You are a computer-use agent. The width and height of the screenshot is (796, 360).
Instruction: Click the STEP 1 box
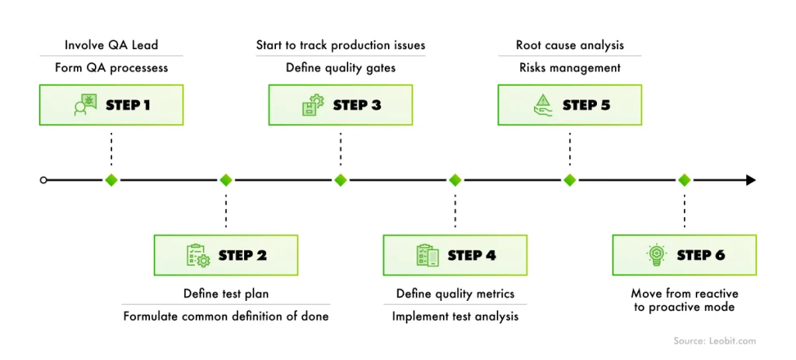click(111, 105)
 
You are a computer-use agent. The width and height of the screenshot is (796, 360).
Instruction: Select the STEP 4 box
click(455, 255)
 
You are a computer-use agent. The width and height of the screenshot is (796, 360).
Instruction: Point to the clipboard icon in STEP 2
click(197, 255)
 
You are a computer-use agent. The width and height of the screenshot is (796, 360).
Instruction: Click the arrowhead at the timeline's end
click(750, 180)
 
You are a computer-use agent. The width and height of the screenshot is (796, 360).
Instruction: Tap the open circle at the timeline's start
click(44, 180)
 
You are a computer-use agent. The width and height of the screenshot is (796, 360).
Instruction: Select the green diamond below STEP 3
click(340, 180)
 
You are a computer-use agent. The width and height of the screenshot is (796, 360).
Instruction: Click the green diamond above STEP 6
click(684, 180)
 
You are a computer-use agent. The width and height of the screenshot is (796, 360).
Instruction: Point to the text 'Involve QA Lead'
click(111, 45)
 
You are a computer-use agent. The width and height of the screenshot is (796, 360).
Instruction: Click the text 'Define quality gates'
click(340, 68)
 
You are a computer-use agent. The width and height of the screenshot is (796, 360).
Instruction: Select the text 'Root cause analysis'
click(570, 45)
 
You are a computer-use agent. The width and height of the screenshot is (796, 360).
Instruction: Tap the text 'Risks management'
click(570, 68)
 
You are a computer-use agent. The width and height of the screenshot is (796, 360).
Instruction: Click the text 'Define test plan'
click(226, 294)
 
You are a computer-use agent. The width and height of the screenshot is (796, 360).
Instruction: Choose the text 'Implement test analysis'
click(455, 316)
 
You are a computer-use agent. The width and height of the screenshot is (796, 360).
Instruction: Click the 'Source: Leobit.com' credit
click(714, 341)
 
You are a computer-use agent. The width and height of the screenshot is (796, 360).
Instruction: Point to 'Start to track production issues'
click(340, 45)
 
